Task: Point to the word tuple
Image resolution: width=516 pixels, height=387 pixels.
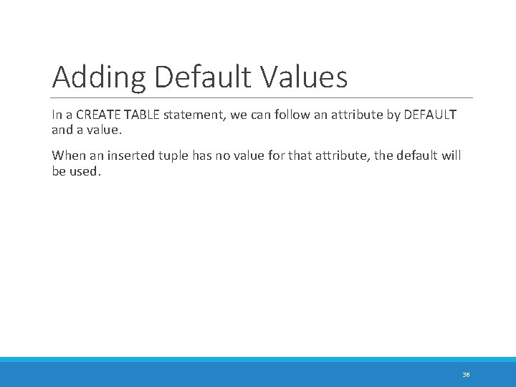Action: (x=171, y=156)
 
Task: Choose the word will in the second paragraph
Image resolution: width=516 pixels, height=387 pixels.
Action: (x=451, y=156)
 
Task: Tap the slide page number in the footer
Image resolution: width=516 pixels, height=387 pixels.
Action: (x=466, y=375)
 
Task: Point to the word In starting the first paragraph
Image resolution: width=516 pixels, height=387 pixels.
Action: (x=56, y=115)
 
